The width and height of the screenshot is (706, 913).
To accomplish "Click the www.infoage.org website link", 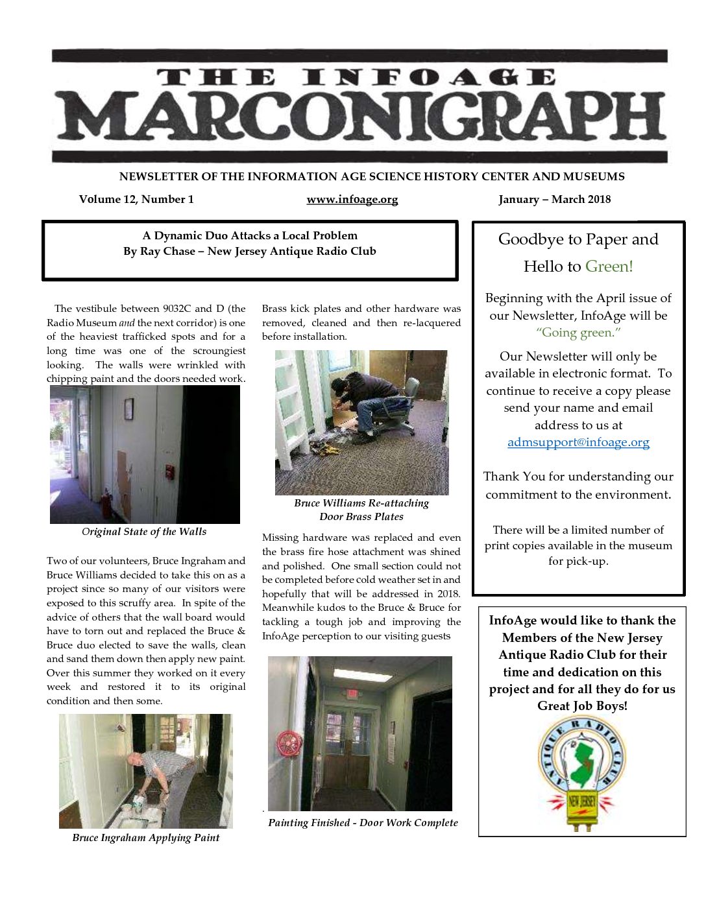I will [x=352, y=200].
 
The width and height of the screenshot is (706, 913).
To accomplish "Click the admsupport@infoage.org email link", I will [x=578, y=442].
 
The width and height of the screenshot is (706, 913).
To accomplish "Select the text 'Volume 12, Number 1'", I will [x=136, y=200].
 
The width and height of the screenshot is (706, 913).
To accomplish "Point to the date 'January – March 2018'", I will [x=554, y=200].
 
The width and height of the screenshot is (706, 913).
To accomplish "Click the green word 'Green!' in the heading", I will [x=609, y=267].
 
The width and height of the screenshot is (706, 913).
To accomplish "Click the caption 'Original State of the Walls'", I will [x=144, y=532].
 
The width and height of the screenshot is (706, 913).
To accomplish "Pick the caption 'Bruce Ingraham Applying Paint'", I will [x=146, y=838].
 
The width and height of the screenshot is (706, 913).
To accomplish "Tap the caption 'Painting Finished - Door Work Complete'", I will [x=363, y=823].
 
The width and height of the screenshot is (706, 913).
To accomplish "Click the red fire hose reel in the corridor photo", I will [x=289, y=744].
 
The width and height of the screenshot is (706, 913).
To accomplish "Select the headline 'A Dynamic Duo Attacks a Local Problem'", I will [x=250, y=235].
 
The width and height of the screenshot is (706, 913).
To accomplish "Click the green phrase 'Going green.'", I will [x=578, y=333].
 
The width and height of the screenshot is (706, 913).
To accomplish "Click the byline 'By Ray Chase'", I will [x=159, y=252].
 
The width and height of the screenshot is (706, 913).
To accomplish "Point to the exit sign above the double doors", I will [x=352, y=693].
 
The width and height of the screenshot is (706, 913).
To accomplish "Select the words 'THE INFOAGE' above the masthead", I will [x=356, y=78].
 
